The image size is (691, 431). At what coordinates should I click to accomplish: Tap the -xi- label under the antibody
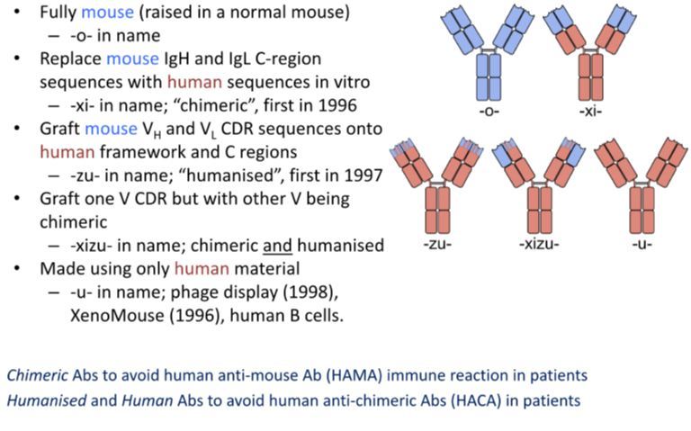(x=591, y=112)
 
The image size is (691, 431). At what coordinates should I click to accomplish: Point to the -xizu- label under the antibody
(x=539, y=245)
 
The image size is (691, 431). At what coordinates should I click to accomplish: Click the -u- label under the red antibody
(x=642, y=245)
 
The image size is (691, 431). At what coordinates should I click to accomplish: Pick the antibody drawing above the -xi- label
(x=591, y=54)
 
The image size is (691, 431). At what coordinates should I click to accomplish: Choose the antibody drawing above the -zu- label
(x=437, y=184)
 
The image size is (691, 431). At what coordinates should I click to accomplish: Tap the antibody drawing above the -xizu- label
(x=539, y=184)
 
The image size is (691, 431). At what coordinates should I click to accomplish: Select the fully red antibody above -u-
(x=642, y=184)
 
